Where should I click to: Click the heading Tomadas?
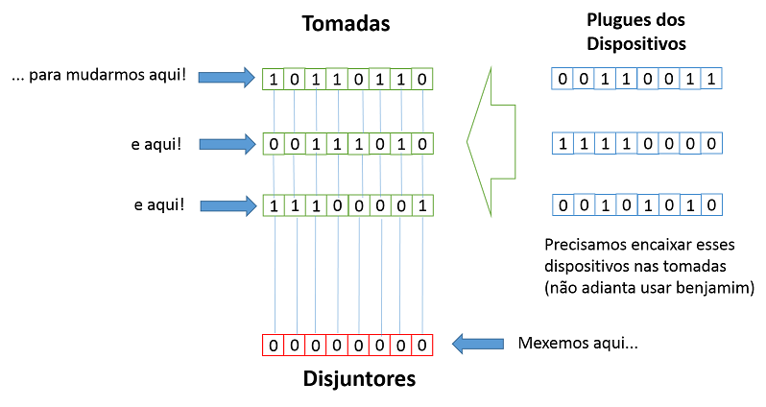[347, 24]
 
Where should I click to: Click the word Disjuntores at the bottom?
[347, 378]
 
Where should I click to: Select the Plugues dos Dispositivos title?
[635, 32]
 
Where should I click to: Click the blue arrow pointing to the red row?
[478, 344]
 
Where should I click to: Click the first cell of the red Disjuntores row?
[274, 345]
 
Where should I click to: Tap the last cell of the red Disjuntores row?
[422, 345]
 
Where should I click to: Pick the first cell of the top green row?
[274, 78]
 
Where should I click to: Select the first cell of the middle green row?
[274, 143]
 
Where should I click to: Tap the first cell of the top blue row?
[563, 80]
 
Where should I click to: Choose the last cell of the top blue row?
[710, 80]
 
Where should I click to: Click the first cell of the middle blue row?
[563, 143]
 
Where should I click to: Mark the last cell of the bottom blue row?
[710, 204]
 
